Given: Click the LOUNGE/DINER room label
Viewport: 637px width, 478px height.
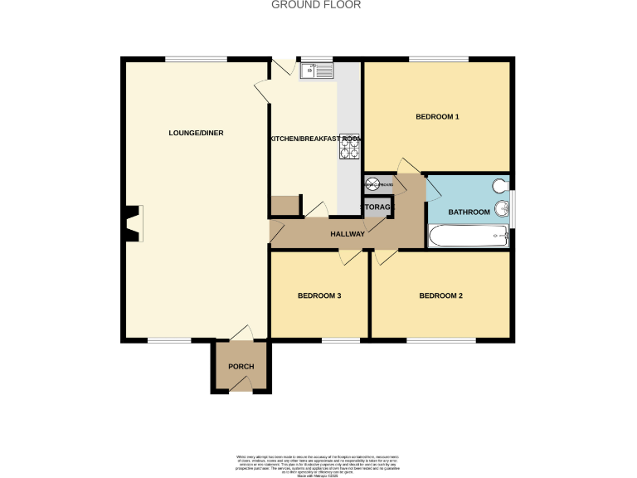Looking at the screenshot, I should [x=196, y=133].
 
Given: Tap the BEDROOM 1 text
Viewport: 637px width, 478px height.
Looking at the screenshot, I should [x=437, y=117].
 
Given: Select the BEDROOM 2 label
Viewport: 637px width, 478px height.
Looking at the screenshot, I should [x=440, y=295].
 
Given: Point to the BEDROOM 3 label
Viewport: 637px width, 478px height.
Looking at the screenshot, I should [x=319, y=295].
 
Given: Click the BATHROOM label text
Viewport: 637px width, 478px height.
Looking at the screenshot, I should [x=469, y=212].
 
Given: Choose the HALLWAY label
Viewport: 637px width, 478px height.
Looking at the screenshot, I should [x=348, y=234].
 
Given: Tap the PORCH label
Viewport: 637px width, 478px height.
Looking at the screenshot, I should [x=241, y=367].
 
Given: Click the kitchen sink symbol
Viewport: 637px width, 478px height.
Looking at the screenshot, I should [x=316, y=71].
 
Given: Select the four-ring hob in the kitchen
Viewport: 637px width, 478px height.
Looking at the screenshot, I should [x=348, y=146].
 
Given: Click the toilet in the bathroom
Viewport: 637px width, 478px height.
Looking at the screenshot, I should [x=500, y=186].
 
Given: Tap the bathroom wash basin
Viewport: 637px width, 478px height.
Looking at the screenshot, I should [x=501, y=208].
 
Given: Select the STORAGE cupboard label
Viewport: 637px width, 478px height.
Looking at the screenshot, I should [x=374, y=206].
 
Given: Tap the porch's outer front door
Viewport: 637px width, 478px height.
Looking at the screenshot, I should [x=241, y=383].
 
